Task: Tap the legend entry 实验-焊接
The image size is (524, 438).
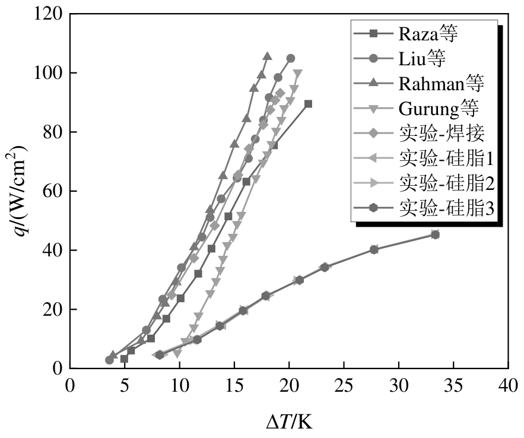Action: coord(442,134)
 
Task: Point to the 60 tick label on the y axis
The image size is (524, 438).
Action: coord(53,191)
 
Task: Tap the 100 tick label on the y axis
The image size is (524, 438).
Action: coord(49,73)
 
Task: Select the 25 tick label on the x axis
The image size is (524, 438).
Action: coord(344,386)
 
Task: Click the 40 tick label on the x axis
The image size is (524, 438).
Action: coord(508,386)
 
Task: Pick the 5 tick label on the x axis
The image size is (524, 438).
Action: coord(125,386)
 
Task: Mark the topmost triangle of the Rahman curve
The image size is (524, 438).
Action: coord(268,56)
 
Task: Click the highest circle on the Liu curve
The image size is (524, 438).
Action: coord(290,59)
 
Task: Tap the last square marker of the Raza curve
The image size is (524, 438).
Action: coord(308,104)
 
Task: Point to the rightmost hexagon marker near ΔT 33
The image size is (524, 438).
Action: coord(435,234)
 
